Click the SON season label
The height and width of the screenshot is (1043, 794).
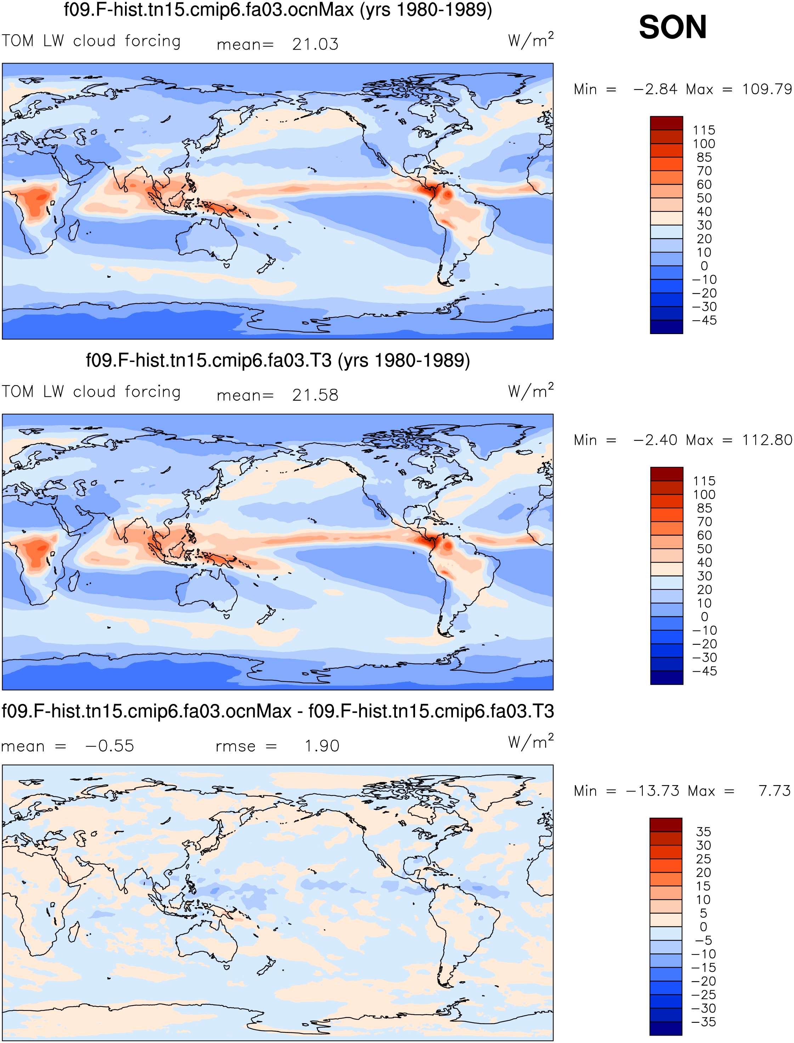[x=673, y=27]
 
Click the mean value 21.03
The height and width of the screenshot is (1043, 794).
[x=315, y=44]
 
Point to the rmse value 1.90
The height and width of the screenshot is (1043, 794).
[x=322, y=746]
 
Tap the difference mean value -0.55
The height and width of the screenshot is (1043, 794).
[x=110, y=746]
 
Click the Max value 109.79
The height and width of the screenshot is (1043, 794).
[x=767, y=89]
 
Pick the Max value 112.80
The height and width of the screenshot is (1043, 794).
[x=767, y=440]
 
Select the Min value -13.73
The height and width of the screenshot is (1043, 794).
[x=653, y=790]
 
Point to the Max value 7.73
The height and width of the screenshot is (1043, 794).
[x=775, y=790]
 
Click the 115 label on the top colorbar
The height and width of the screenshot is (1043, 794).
[x=704, y=130]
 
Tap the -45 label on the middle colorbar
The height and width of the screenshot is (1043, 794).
[x=704, y=671]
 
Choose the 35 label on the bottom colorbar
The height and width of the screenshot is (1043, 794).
[x=703, y=831]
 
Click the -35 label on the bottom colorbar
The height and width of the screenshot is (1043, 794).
[x=703, y=1022]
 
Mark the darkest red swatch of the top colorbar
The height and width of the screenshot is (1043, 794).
[x=667, y=123]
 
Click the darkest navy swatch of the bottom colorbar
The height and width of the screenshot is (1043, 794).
[x=666, y=1028]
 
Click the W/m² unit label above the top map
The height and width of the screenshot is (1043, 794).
[x=531, y=40]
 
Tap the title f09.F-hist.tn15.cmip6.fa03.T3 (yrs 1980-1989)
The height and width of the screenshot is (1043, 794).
[x=278, y=360]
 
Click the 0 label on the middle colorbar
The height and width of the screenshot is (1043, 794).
[x=704, y=616]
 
